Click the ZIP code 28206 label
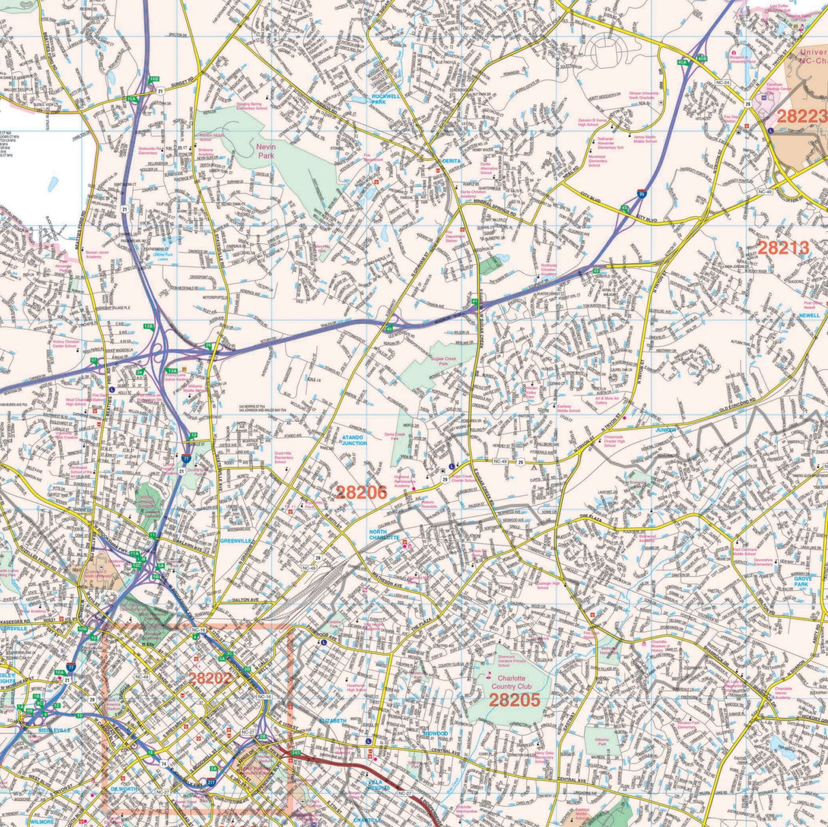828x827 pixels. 361,492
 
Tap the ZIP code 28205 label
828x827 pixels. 514,700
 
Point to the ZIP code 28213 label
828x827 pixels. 783,247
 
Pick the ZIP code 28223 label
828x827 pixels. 801,115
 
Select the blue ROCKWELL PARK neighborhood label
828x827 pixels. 389,100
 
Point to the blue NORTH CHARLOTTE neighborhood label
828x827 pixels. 384,534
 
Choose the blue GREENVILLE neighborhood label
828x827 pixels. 237,540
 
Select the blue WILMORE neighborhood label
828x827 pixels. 42,822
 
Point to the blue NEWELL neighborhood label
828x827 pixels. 810,316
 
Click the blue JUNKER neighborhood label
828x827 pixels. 665,430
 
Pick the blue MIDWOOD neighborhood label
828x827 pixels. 434,733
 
